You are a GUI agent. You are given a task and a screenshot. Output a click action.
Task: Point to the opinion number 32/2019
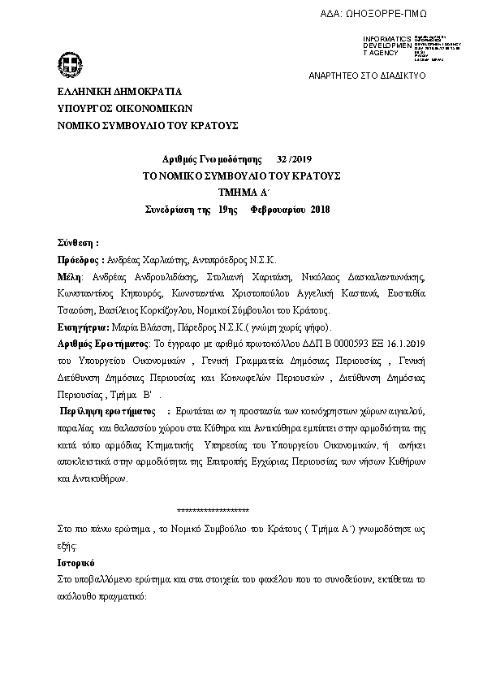tap(289, 159)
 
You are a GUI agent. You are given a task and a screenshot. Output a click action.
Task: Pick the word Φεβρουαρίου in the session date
tap(278, 210)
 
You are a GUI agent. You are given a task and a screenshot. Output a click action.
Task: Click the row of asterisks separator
tap(213, 510)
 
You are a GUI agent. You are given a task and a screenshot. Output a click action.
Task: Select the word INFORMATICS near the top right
tap(386, 38)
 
